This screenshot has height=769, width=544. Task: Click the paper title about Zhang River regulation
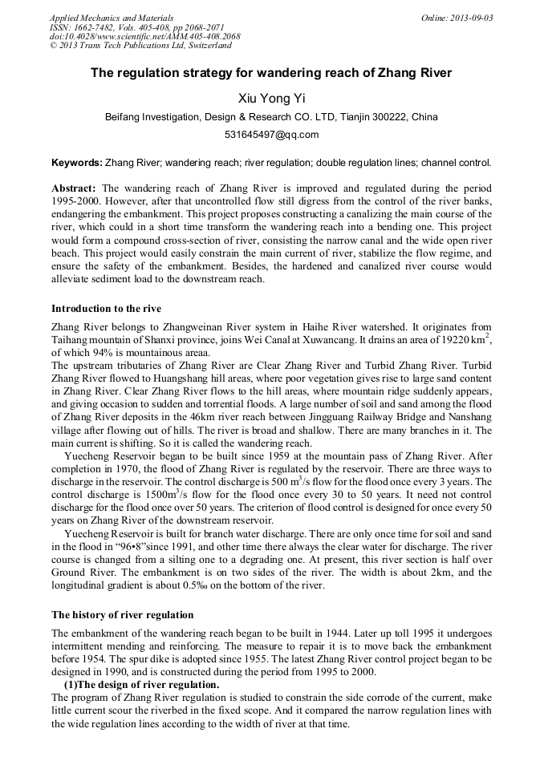pyautogui.click(x=271, y=73)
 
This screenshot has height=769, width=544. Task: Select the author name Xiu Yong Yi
pyautogui.click(x=271, y=98)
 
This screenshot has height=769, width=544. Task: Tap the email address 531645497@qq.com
pyautogui.click(x=271, y=135)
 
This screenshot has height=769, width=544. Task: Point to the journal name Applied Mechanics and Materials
pyautogui.click(x=112, y=18)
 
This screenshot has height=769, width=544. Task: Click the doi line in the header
pyautogui.click(x=144, y=37)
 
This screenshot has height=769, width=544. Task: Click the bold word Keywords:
pyautogui.click(x=76, y=163)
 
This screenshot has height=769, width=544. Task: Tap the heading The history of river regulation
pyautogui.click(x=122, y=615)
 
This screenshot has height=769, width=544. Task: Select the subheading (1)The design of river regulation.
pyautogui.click(x=141, y=684)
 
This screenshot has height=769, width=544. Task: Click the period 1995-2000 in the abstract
pyautogui.click(x=78, y=200)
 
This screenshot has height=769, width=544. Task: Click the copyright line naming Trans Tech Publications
pyautogui.click(x=140, y=47)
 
